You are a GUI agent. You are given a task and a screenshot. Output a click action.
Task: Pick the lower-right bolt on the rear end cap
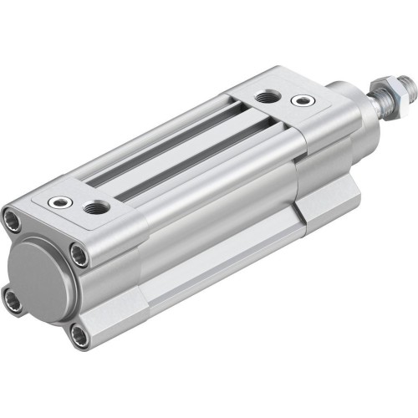coord(79,335)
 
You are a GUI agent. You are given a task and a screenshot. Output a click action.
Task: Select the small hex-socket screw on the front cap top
coord(301,101)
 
